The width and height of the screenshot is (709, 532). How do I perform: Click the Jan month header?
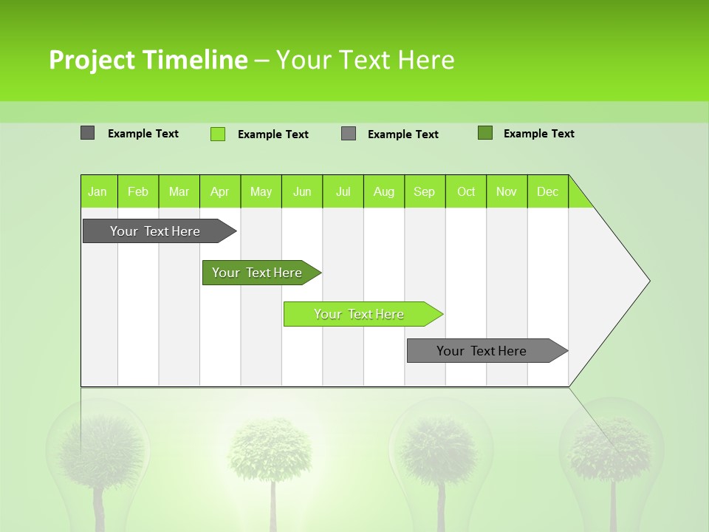click(98, 191)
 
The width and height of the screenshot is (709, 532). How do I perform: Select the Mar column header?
click(179, 191)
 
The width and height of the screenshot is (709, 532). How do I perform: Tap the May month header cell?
click(261, 191)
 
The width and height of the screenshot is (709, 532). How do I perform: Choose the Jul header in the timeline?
click(343, 191)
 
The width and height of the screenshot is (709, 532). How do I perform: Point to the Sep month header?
click(425, 191)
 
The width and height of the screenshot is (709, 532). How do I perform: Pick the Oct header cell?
click(466, 191)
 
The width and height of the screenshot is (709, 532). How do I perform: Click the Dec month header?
click(547, 191)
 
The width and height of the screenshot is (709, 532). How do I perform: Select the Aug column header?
click(383, 191)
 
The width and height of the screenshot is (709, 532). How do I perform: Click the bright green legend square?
click(218, 134)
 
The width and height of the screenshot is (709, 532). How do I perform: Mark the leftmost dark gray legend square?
click(88, 133)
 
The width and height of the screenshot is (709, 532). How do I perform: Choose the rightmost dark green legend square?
click(485, 133)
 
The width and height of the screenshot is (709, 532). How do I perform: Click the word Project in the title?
click(93, 60)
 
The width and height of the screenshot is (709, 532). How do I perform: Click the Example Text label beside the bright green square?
click(273, 134)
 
